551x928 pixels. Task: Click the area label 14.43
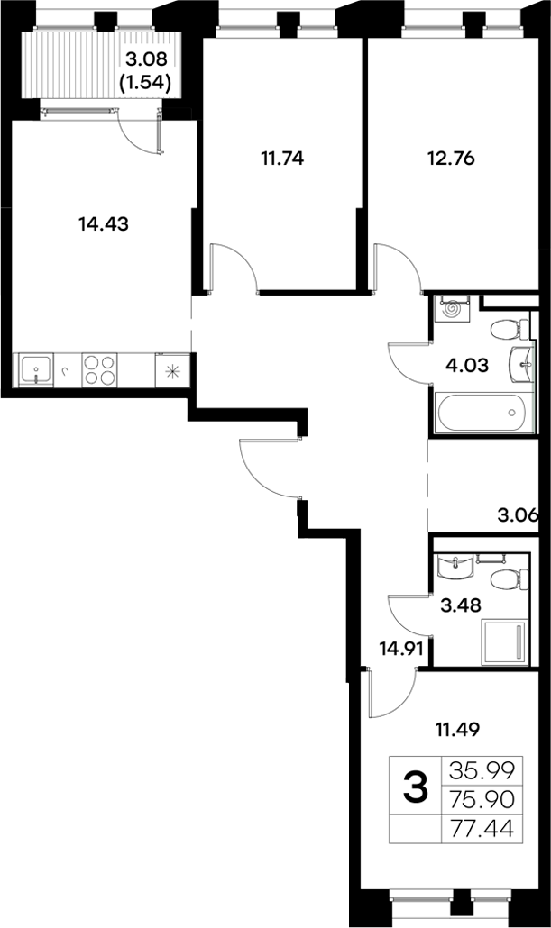[x=105, y=224]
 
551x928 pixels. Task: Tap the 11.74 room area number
[x=282, y=159]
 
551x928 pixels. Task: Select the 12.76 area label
[x=450, y=159]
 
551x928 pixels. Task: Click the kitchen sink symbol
[x=35, y=369]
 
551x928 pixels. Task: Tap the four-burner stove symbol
[x=99, y=369]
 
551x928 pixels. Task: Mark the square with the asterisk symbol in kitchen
[x=171, y=369]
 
